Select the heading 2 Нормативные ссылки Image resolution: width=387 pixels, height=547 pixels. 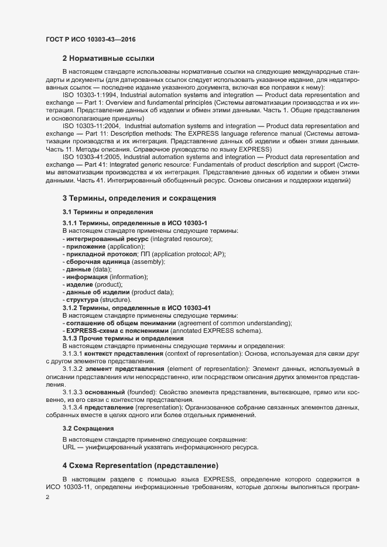(x=108, y=59)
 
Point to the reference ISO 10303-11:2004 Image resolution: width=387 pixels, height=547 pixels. (x=90, y=125)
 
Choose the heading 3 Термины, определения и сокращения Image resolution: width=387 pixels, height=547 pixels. (x=139, y=198)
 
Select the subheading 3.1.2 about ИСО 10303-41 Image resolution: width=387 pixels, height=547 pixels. (x=136, y=308)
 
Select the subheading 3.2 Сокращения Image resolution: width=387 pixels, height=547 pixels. (x=88, y=429)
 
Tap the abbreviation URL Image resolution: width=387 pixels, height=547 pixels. (x=69, y=448)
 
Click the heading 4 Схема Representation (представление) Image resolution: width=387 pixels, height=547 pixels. (x=141, y=466)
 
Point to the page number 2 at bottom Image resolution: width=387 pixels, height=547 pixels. (x=48, y=497)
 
